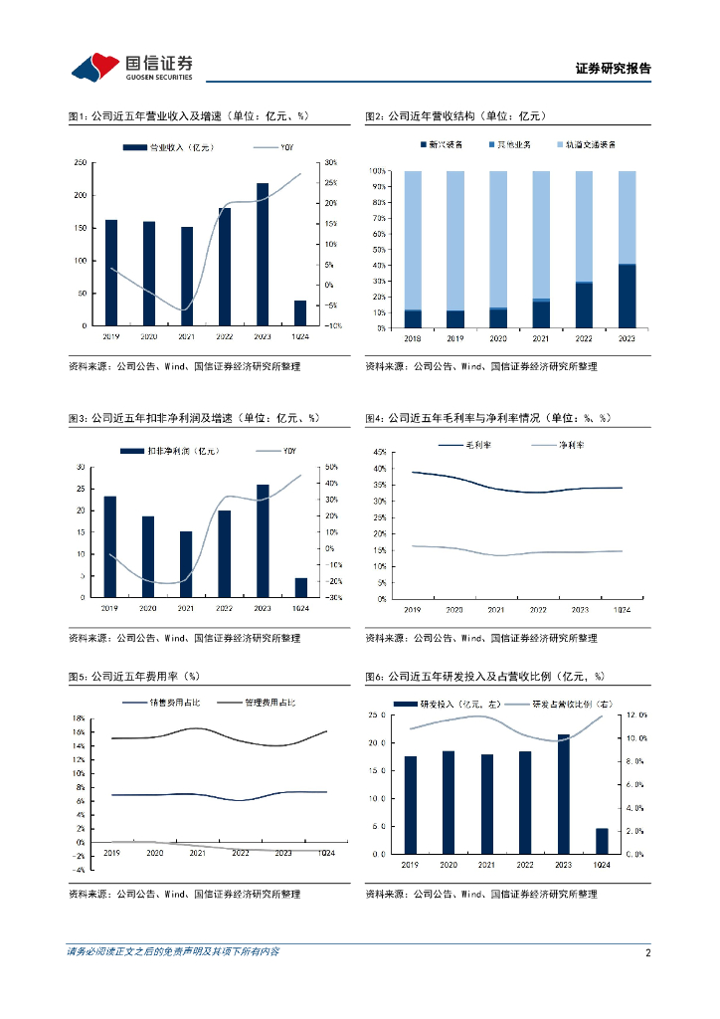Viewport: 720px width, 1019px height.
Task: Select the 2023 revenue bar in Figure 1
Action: pos(263,255)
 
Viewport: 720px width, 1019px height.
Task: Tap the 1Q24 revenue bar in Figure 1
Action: pos(300,312)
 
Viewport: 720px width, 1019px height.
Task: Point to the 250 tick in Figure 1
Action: pos(80,163)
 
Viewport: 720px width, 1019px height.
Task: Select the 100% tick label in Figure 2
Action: pos(378,171)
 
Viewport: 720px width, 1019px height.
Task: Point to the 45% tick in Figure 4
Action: pos(378,453)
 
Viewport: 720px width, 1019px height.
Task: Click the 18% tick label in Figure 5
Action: pos(78,718)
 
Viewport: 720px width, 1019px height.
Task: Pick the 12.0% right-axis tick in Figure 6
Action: pos(636,715)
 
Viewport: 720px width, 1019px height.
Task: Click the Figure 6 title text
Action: pos(484,677)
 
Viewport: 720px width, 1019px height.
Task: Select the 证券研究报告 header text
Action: pos(614,69)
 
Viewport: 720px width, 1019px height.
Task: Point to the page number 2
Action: pos(647,952)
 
